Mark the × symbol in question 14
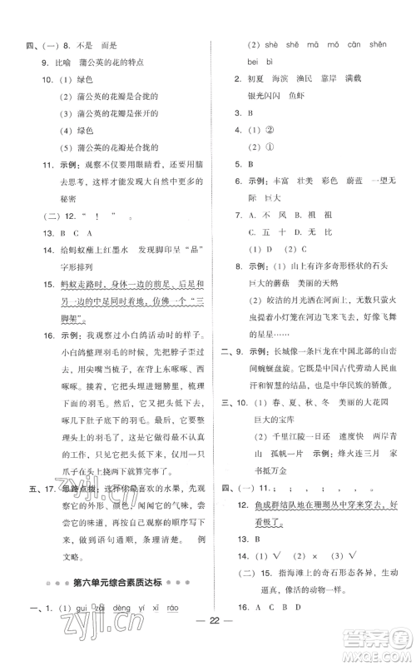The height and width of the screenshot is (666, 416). pyautogui.click(x=297, y=554)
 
